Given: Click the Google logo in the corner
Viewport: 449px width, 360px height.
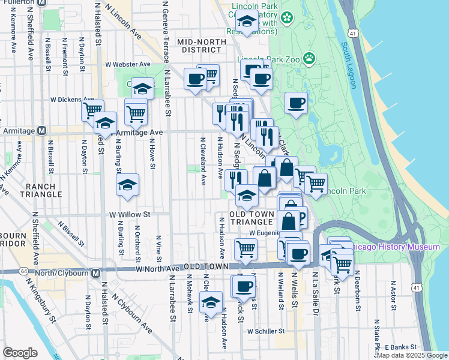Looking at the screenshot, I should pyautogui.click(x=20, y=352).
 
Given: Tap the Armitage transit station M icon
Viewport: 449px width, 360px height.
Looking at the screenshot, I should pyautogui.click(x=42, y=131).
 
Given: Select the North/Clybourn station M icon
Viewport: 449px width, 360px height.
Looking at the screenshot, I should pyautogui.click(x=95, y=274).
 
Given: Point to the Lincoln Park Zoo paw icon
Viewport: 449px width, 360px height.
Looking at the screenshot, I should pyautogui.click(x=309, y=58).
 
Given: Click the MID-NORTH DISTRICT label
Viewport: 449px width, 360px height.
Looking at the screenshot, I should pyautogui.click(x=201, y=46).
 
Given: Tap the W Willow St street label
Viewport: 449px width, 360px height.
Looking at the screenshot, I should pyautogui.click(x=129, y=214).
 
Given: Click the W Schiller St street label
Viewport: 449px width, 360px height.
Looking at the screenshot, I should pyautogui.click(x=265, y=331).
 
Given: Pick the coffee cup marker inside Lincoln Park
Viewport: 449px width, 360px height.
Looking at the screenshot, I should pyautogui.click(x=296, y=103).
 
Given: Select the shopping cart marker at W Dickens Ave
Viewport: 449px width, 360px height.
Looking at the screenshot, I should pyautogui.click(x=92, y=110).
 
